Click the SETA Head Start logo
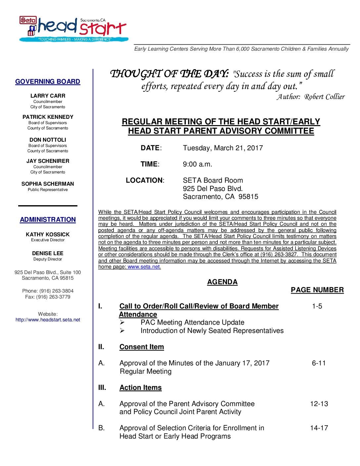click(x=72, y=29)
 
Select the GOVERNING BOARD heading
click(x=48, y=81)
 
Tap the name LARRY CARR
click(x=48, y=96)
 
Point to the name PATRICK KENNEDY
click(x=48, y=117)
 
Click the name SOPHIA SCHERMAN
click(x=48, y=184)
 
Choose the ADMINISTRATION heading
click(x=48, y=219)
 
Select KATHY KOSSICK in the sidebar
click(x=48, y=234)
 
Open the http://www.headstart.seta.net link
click(x=48, y=320)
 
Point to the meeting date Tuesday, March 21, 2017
click(x=223, y=148)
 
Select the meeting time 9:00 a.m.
click(x=198, y=164)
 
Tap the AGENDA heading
click(x=222, y=282)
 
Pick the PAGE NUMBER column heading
click(x=317, y=290)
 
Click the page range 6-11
click(x=319, y=363)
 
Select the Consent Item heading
click(x=142, y=347)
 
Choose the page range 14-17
click(x=319, y=428)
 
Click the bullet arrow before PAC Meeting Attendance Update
click(x=122, y=322)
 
